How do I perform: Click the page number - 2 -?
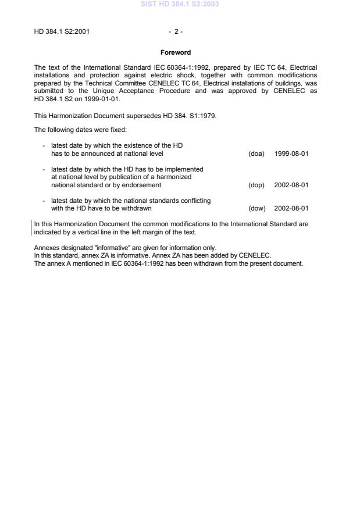[x=175, y=31]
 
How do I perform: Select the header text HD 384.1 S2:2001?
[x=62, y=31]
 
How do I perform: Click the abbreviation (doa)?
[x=256, y=154]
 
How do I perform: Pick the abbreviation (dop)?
[x=256, y=185]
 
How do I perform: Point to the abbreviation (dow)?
[x=256, y=208]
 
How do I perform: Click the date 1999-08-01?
[x=291, y=154]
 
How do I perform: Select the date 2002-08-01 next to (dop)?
[x=291, y=185]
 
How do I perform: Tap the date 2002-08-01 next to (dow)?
[x=291, y=208]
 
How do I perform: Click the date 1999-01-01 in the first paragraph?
[x=104, y=99]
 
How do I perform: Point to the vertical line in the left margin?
[x=31, y=227]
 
